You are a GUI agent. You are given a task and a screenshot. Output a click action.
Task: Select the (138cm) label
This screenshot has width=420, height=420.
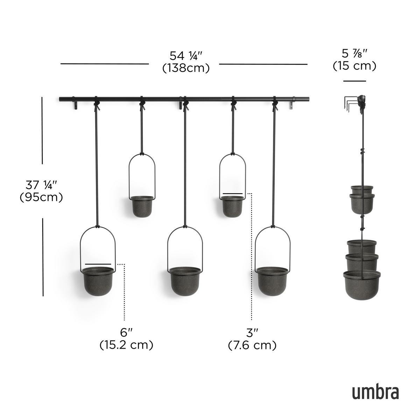[x=186, y=68]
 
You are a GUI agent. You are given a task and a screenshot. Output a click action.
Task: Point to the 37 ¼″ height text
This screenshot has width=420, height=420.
[x=41, y=184]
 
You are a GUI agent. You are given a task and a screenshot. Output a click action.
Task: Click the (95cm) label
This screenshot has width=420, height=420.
[x=41, y=197]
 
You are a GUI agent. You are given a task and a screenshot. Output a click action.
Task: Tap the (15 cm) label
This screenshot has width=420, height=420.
[x=354, y=65]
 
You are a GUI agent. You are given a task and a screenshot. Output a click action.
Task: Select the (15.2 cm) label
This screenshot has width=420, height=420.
[x=126, y=345]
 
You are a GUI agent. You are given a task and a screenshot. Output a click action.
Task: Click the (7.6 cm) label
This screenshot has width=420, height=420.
[x=252, y=345]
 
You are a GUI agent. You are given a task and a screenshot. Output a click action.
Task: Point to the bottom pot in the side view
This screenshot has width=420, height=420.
[x=362, y=285]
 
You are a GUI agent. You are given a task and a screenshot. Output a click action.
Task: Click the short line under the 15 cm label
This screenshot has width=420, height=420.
[x=354, y=81]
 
